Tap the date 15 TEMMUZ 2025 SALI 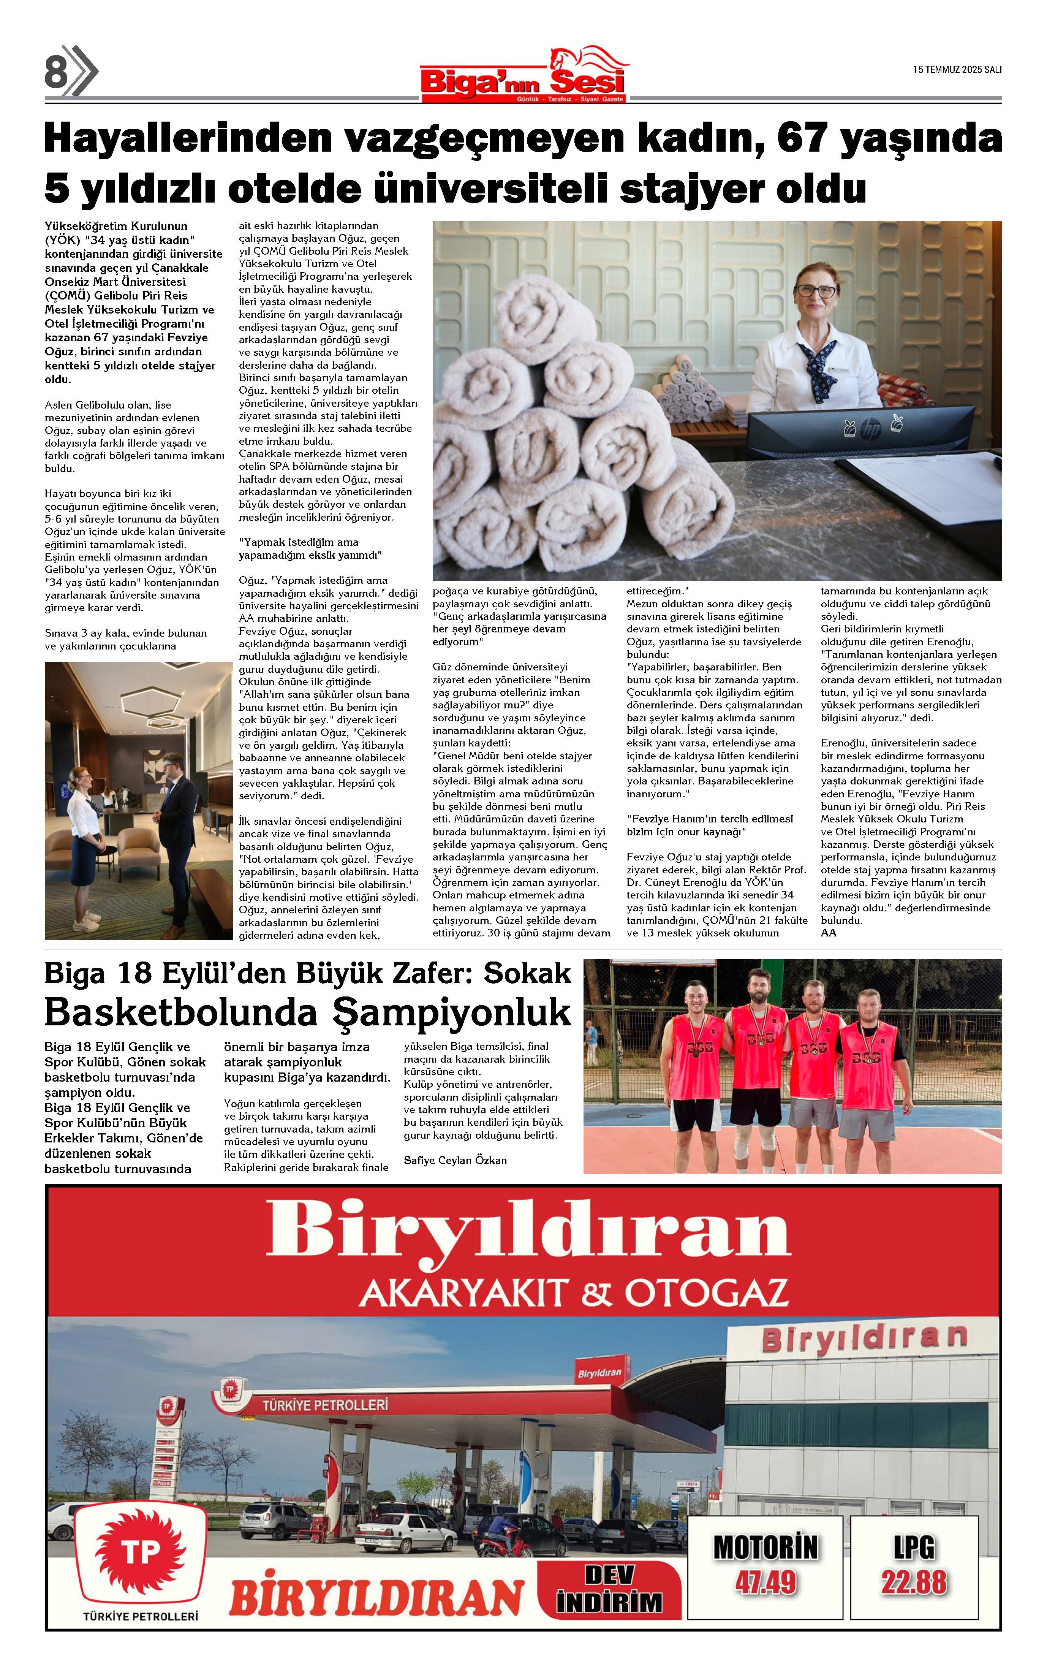coord(957,69)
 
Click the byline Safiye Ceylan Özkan coord(455,1160)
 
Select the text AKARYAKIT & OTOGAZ coord(573,1292)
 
